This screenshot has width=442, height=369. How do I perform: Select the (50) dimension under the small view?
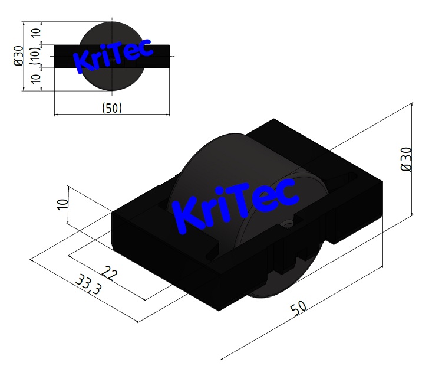(111, 108)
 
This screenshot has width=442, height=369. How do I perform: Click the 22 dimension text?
(110, 271)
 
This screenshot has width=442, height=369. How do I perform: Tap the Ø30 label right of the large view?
(406, 159)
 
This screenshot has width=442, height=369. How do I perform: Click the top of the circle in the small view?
(112, 23)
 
